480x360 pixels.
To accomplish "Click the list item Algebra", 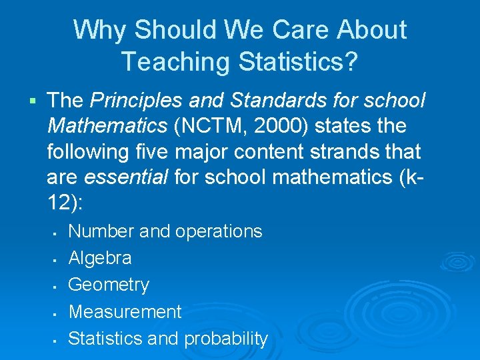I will (x=100, y=258).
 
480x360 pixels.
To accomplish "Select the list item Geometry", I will (x=109, y=285).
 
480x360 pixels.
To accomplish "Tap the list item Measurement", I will (x=125, y=311).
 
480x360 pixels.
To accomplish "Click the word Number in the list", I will (x=101, y=231).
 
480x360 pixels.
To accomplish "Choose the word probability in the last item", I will (x=225, y=339).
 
